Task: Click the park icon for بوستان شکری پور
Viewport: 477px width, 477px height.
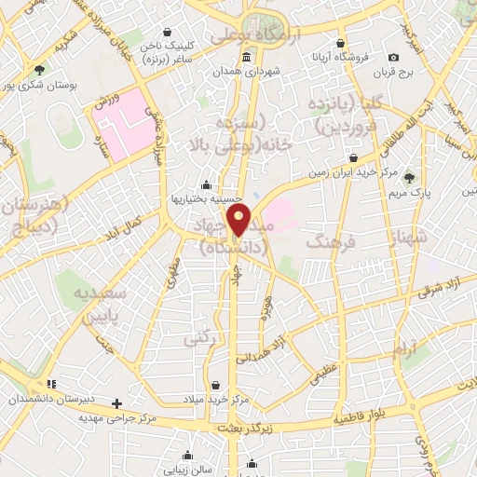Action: (38, 70)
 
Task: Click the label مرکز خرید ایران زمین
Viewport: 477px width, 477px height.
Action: (351, 172)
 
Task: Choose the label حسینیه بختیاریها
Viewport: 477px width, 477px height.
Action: (206, 198)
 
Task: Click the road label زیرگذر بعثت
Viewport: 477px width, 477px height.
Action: (239, 427)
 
